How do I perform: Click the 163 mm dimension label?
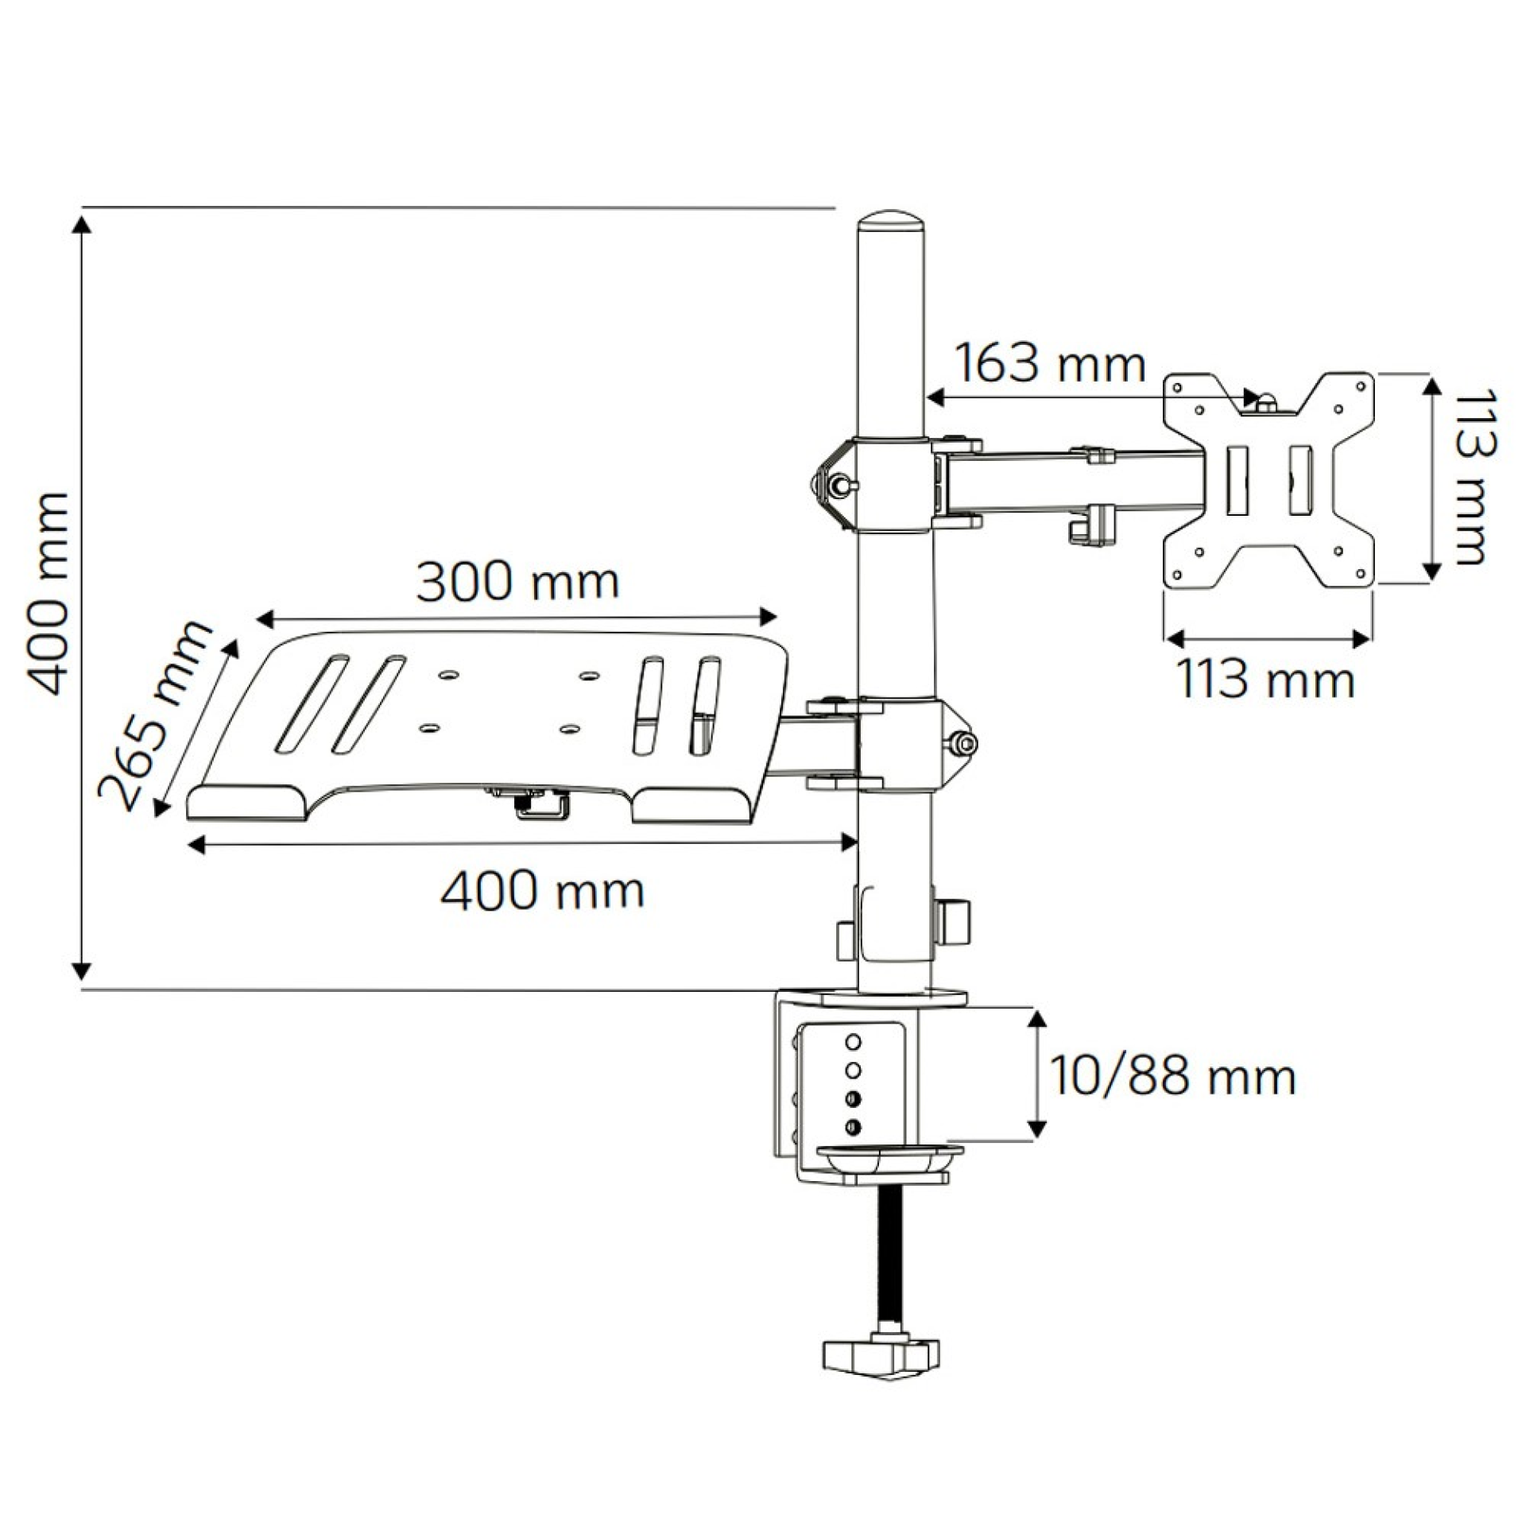point(1048,364)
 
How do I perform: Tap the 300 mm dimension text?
point(517,582)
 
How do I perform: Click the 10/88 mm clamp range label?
point(1172,1077)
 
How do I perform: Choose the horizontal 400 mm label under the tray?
point(543,890)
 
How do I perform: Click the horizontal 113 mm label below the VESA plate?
point(1265,680)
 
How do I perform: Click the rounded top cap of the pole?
point(891,220)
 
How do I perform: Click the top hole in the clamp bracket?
point(854,1041)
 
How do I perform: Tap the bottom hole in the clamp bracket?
point(854,1126)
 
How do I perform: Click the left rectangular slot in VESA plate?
point(1237,481)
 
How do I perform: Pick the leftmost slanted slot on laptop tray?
point(312,704)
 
